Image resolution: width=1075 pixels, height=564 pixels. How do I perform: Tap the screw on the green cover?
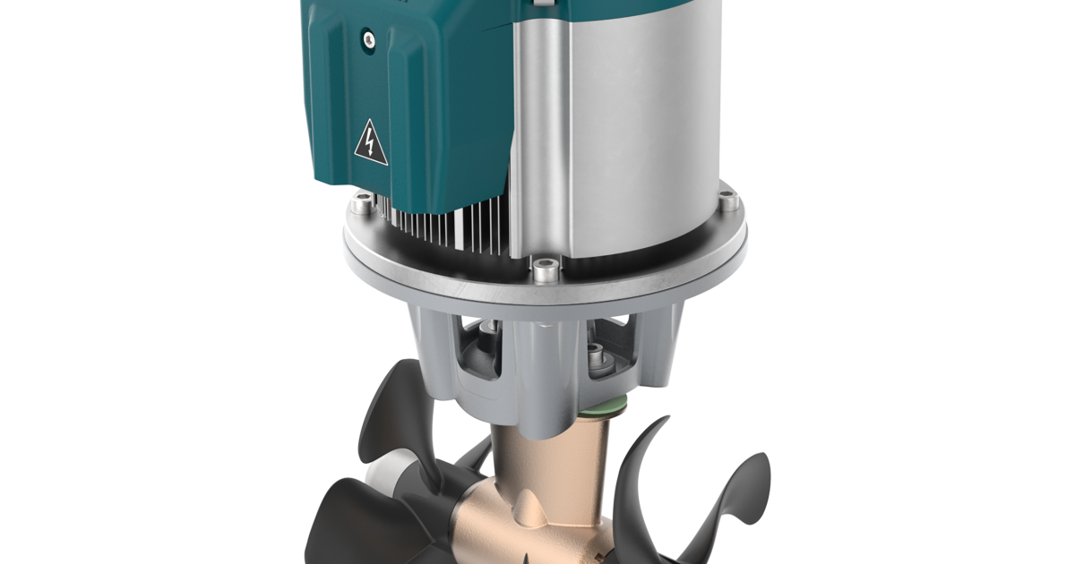click(367, 38)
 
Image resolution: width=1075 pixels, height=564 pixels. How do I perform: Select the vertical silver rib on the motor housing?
click(528, 134)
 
